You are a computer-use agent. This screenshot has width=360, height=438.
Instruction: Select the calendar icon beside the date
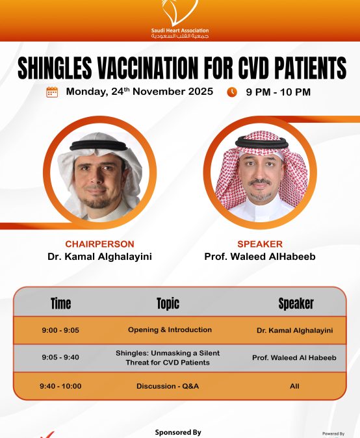point(52,92)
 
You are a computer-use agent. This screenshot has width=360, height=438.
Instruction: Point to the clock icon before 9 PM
point(232,92)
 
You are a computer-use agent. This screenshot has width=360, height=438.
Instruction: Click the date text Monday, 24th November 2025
point(139,92)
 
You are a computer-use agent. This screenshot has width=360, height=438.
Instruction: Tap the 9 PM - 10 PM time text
point(278,92)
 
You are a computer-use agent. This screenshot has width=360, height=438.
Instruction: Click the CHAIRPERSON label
point(99,244)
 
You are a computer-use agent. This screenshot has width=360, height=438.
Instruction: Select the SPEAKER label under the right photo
point(260,244)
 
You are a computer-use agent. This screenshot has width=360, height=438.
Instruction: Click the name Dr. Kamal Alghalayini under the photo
point(99,257)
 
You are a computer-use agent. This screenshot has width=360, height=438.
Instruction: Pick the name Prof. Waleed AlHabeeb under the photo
point(260,257)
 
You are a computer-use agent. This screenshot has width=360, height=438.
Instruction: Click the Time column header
point(60,303)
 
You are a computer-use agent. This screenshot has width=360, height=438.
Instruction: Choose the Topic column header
point(168,303)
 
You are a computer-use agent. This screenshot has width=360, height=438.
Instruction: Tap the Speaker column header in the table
point(296,303)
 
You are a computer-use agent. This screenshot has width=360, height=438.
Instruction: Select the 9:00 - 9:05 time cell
point(60,330)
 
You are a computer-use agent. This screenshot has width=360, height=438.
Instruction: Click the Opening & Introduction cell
point(170,329)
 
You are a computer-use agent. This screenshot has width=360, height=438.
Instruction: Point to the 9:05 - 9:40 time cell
point(60,357)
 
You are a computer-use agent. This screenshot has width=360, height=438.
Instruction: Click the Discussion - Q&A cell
point(168,386)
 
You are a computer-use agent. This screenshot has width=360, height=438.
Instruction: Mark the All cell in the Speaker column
point(294,386)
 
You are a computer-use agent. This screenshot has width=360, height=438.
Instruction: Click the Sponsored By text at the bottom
point(178,432)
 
